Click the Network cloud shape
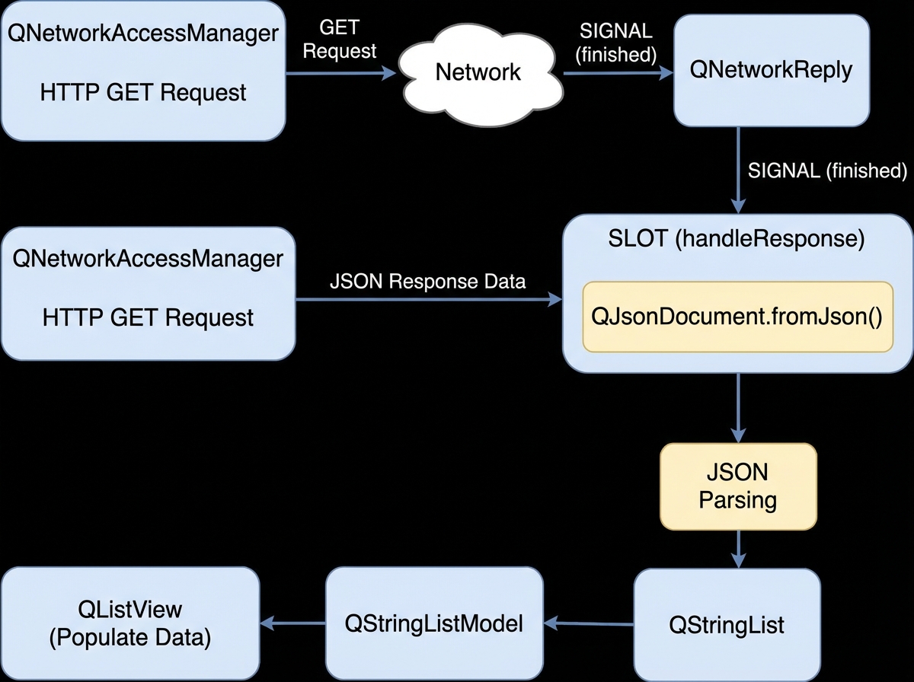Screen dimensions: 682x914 click(x=478, y=73)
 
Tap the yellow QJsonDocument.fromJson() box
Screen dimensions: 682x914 click(x=737, y=317)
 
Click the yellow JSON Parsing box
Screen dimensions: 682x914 click(x=737, y=487)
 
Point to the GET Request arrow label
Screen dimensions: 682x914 click(x=348, y=41)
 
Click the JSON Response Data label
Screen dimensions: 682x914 click(x=427, y=282)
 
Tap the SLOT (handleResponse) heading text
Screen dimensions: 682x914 click(x=737, y=239)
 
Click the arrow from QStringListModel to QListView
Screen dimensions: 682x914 click(x=292, y=624)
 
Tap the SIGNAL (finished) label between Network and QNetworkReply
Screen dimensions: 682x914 click(x=617, y=43)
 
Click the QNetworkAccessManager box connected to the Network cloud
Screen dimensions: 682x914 click(x=143, y=71)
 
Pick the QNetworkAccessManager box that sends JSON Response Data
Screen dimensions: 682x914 click(x=148, y=293)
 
